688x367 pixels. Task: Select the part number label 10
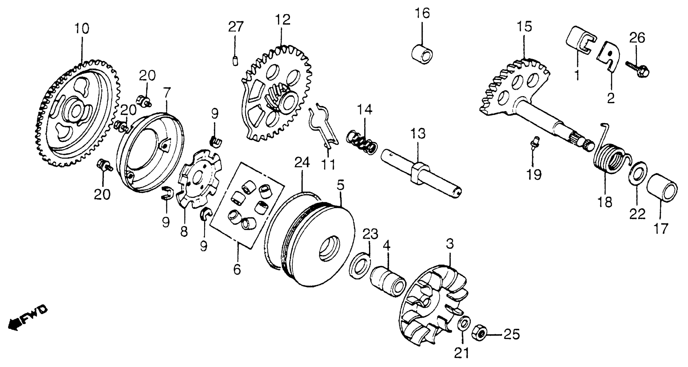82,28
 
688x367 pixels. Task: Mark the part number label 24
302,163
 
